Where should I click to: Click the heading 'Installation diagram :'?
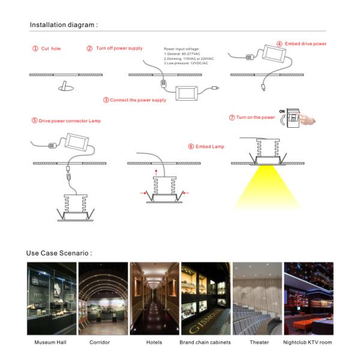[x=63, y=25]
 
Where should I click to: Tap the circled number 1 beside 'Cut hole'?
[x=35, y=48]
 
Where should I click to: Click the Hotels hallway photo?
[x=154, y=299]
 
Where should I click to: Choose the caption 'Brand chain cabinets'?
[x=205, y=343]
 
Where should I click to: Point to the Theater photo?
[x=257, y=299]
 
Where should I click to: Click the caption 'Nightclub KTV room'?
[x=308, y=343]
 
